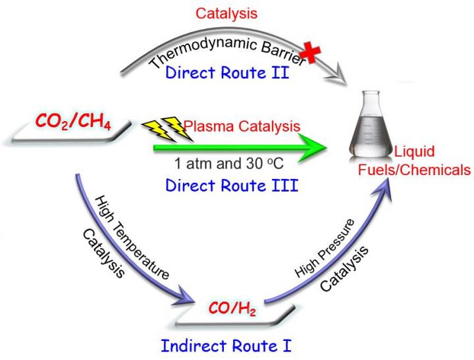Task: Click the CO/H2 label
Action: (232, 307)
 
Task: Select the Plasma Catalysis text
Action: (242, 125)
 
